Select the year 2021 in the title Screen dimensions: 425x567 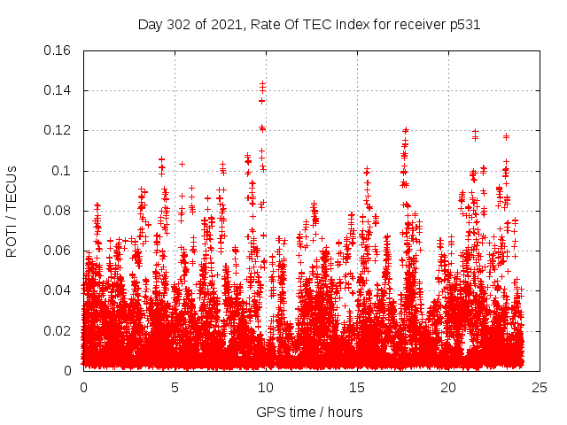pyautogui.click(x=221, y=25)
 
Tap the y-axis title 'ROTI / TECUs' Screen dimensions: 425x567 pyautogui.click(x=12, y=210)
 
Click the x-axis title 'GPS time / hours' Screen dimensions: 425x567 pyautogui.click(x=309, y=412)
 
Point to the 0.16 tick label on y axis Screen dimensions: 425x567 pyautogui.click(x=58, y=50)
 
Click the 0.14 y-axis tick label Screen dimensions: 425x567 pyautogui.click(x=58, y=90)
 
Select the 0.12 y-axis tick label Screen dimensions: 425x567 pyautogui.click(x=58, y=130)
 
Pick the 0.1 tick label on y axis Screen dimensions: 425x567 pyautogui.click(x=62, y=171)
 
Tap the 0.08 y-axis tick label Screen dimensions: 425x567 pyautogui.click(x=58, y=211)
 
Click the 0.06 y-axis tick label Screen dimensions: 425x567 pyautogui.click(x=58, y=251)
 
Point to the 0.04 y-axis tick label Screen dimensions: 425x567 pyautogui.click(x=58, y=290)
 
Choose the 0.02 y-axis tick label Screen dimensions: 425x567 pyautogui.click(x=58, y=331)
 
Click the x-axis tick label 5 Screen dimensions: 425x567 pyautogui.click(x=175, y=388)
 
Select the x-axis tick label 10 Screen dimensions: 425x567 pyautogui.click(x=266, y=388)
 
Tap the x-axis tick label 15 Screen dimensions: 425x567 pyautogui.click(x=357, y=388)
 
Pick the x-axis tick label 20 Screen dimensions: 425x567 pyautogui.click(x=448, y=388)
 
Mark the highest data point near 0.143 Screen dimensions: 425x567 pyautogui.click(x=262, y=84)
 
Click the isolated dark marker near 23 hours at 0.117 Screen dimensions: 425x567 pyautogui.click(x=506, y=136)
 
